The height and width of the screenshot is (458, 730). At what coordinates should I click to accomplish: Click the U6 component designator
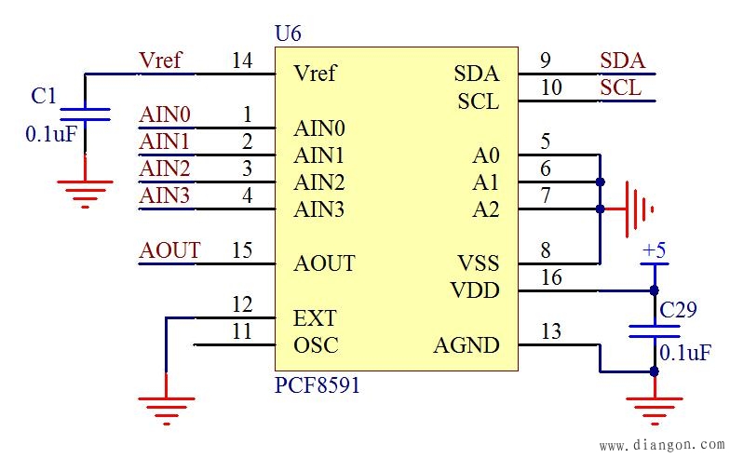pos(288,34)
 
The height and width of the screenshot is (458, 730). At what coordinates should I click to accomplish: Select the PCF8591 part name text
pos(317,384)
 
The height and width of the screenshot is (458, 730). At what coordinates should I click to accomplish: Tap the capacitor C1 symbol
pos(85,114)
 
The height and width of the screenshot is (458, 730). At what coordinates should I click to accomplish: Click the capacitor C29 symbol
pos(655,330)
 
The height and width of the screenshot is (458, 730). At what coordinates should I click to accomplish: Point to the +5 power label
pos(655,251)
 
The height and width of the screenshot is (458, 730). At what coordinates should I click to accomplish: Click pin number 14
pos(242,61)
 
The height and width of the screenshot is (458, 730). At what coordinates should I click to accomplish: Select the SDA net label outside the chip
pos(622,61)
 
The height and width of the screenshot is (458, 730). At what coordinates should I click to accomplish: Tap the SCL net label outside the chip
pos(620,88)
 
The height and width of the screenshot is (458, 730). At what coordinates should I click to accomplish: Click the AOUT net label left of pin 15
pos(169,250)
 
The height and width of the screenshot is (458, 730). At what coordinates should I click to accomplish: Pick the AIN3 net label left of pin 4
pos(165,196)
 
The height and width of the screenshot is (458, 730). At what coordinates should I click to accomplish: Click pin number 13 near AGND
pos(551,332)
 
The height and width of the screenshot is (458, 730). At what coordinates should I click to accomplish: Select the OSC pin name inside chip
pos(316,345)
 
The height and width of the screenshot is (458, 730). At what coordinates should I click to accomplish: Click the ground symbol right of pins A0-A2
pos(638,209)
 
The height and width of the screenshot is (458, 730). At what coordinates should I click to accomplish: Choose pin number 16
pos(551,277)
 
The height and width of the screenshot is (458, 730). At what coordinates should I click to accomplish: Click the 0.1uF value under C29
pos(685,354)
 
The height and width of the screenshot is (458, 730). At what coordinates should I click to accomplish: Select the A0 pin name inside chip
pos(485,155)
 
